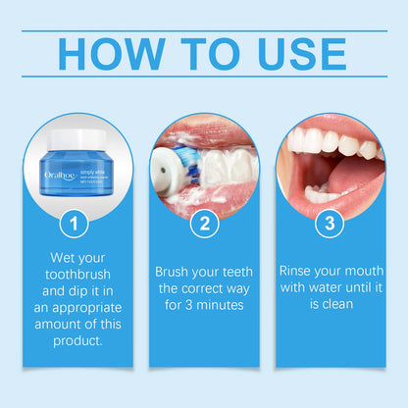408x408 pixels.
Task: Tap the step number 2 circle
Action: (x=204, y=224)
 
